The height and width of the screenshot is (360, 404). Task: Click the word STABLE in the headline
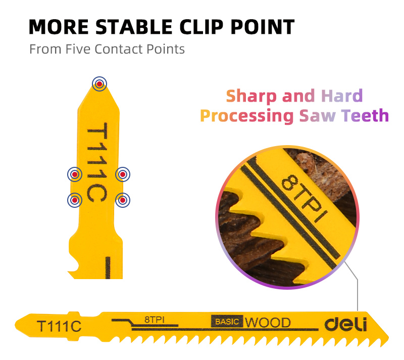pyautogui.click(x=134, y=27)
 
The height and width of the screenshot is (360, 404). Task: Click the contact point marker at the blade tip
pyautogui.click(x=99, y=84)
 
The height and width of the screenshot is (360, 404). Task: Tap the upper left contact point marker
pyautogui.click(x=75, y=174)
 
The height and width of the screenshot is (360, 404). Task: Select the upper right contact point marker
pyautogui.click(x=123, y=174)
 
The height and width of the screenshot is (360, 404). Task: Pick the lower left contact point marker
pyautogui.click(x=75, y=200)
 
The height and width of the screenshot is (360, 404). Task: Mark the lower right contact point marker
pyautogui.click(x=123, y=200)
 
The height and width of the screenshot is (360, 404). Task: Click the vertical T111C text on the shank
pyautogui.click(x=97, y=162)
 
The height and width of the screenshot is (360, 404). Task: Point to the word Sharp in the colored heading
pyautogui.click(x=251, y=96)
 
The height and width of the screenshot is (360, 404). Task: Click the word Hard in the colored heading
pyautogui.click(x=342, y=96)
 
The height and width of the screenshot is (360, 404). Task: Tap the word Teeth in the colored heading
pyautogui.click(x=365, y=115)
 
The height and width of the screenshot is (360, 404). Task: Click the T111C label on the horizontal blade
pyautogui.click(x=59, y=326)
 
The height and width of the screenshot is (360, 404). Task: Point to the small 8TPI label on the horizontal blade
pyautogui.click(x=155, y=320)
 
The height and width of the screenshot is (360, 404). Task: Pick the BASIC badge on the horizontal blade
pyautogui.click(x=227, y=321)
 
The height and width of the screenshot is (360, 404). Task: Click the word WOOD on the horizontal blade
pyautogui.click(x=268, y=323)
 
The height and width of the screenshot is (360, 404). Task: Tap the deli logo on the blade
pyautogui.click(x=346, y=324)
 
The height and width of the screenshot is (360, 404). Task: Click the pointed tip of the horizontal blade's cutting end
pyautogui.click(x=388, y=337)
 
